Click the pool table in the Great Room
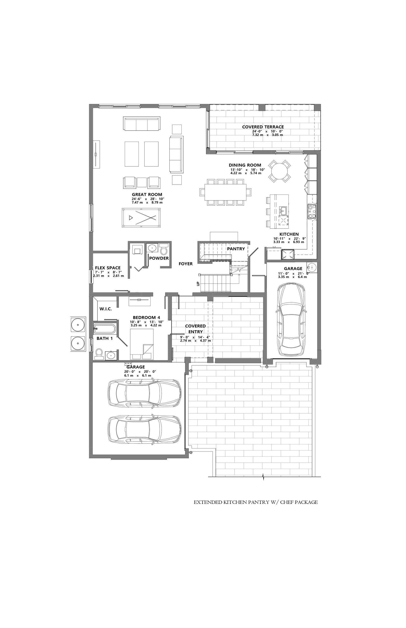point(141,218)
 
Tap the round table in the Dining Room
point(280,171)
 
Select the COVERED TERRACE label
point(263,127)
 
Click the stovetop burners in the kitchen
point(312,211)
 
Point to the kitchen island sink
point(283,210)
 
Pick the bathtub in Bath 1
point(104,329)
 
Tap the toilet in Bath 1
point(99,354)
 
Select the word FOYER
point(186,264)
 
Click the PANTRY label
point(236,249)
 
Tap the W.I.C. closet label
point(106,309)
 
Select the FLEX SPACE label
point(108,268)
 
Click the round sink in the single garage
point(312,267)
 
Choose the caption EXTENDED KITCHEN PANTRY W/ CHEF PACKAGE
point(256,502)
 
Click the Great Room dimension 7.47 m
point(137,203)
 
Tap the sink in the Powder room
point(152,248)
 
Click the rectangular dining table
point(225,192)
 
